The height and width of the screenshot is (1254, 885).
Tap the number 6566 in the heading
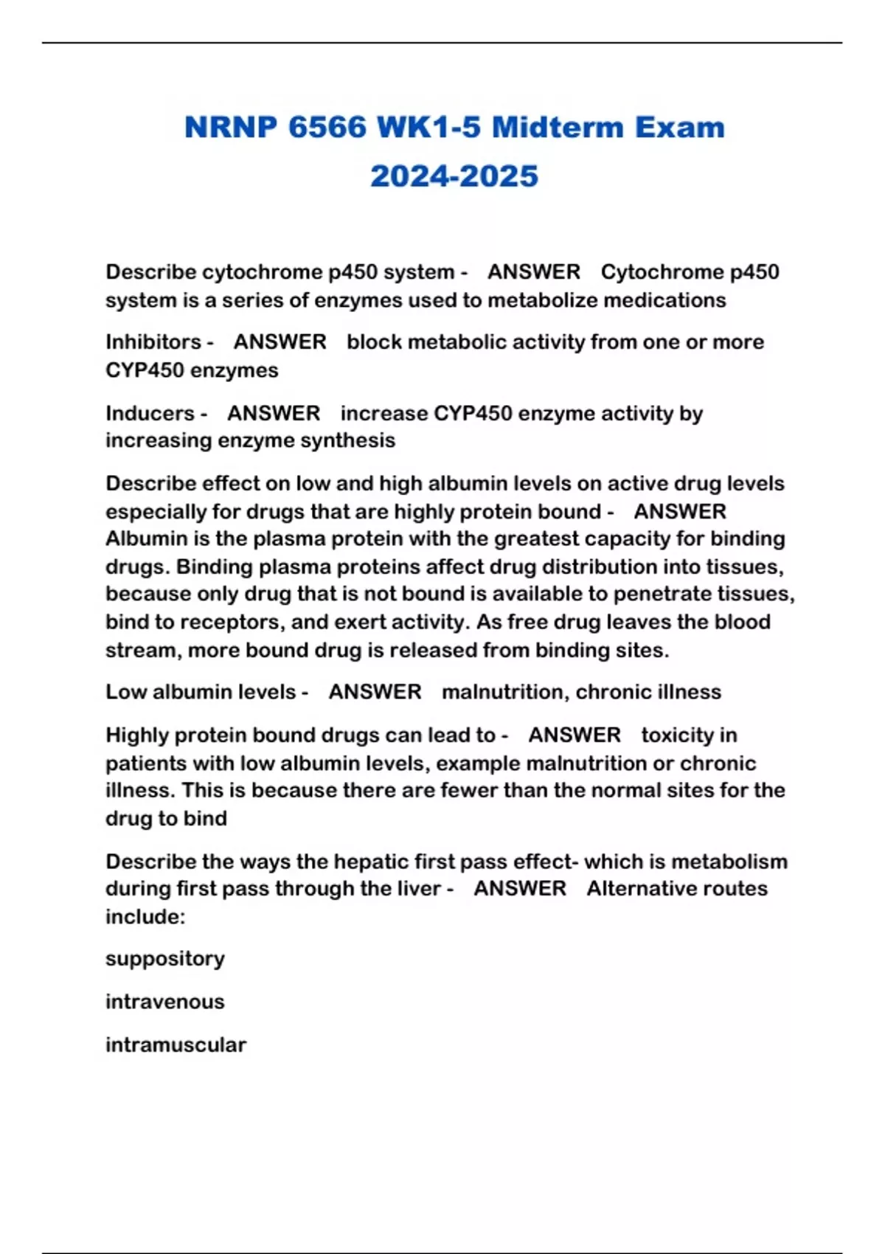[327, 128]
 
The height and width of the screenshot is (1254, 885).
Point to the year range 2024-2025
[454, 176]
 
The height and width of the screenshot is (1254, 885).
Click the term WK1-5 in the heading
[428, 128]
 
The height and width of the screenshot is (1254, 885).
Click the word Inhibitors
[153, 342]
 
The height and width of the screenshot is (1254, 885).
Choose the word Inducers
[150, 413]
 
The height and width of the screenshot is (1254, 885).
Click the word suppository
[165, 959]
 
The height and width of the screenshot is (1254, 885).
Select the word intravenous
[165, 1002]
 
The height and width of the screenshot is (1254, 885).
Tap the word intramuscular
[176, 1045]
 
